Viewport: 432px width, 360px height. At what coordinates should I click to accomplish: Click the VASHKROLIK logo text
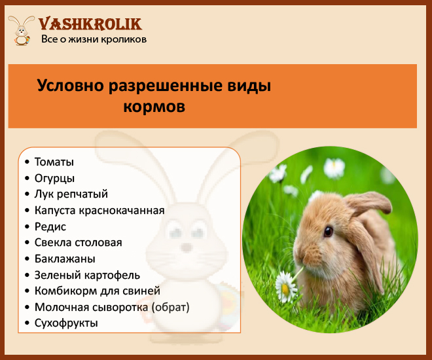pos(90,24)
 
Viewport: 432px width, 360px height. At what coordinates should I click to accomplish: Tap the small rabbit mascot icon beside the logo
pos(21,30)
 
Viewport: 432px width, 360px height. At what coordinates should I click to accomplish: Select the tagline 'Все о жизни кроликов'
pos(94,39)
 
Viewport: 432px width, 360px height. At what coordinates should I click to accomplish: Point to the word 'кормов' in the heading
pos(154,106)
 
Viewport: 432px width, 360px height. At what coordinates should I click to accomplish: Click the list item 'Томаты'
pos(54,162)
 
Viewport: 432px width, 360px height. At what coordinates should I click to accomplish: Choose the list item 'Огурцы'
pos(54,178)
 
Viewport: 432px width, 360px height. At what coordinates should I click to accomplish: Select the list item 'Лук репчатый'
pos(71,194)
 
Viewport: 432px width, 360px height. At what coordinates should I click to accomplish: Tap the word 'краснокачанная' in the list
pos(122,210)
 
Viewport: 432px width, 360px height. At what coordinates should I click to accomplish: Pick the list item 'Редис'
pos(50,226)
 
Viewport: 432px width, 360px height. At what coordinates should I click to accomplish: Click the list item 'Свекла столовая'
pos(79,243)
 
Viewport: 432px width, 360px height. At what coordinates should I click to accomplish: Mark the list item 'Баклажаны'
pos(65,259)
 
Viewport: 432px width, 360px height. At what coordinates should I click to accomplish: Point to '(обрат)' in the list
pos(171,307)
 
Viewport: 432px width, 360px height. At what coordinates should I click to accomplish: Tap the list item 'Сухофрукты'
pos(66,323)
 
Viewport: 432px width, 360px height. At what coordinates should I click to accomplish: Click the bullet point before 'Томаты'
pos(27,162)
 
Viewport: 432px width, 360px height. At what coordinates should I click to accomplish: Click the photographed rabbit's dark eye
pos(328,231)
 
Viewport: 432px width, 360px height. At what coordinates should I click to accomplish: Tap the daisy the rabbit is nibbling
pos(285,287)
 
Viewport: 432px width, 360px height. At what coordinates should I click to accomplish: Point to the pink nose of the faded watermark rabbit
pos(187,247)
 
